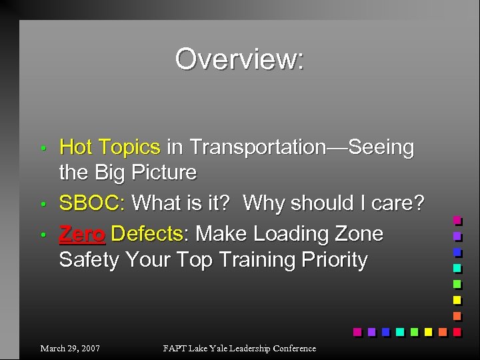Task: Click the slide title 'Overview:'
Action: coord(239,59)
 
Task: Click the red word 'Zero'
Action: coord(82,233)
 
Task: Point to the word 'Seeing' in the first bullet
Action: coord(381,147)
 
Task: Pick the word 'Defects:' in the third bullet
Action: coord(147,233)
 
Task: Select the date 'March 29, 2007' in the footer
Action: coord(70,348)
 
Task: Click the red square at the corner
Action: coord(457,331)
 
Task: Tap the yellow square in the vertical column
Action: coord(457,299)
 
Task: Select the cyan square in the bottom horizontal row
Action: coord(400,331)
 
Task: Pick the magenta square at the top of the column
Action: coord(457,220)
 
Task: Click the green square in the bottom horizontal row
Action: coord(414,331)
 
